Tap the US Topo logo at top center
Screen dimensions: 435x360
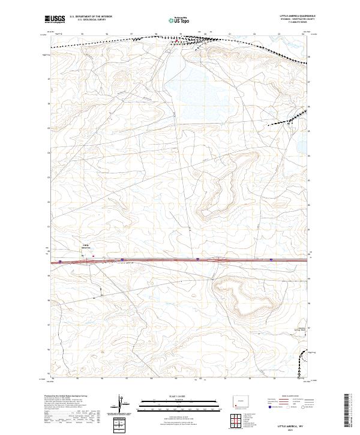coord(176,19)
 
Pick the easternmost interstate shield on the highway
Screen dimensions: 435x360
coord(272,260)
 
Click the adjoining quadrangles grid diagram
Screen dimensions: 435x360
coord(239,421)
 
